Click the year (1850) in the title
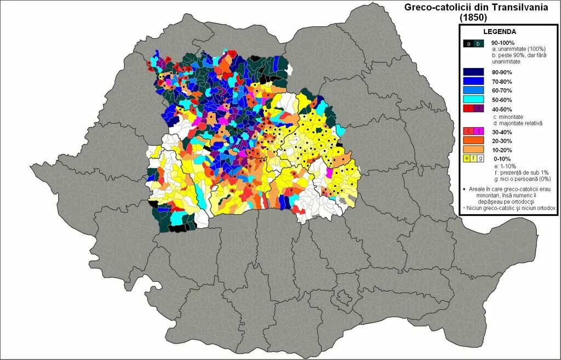473,17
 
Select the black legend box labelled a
468,44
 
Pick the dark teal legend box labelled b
478,44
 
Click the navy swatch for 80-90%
473,72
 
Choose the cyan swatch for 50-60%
473,99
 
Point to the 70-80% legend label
501,82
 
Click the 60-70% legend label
501,90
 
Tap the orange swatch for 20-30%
473,140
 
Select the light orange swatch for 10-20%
473,149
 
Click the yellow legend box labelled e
467,158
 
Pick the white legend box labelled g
480,158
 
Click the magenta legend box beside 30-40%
478,132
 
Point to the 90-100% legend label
502,42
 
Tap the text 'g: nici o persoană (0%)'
521,179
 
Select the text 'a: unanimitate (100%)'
518,49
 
